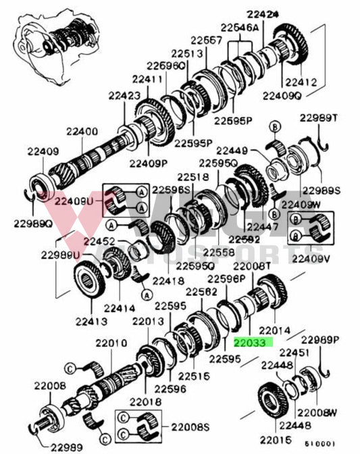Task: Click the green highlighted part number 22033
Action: (x=251, y=343)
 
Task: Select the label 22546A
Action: (x=238, y=28)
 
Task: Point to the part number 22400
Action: (x=82, y=131)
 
